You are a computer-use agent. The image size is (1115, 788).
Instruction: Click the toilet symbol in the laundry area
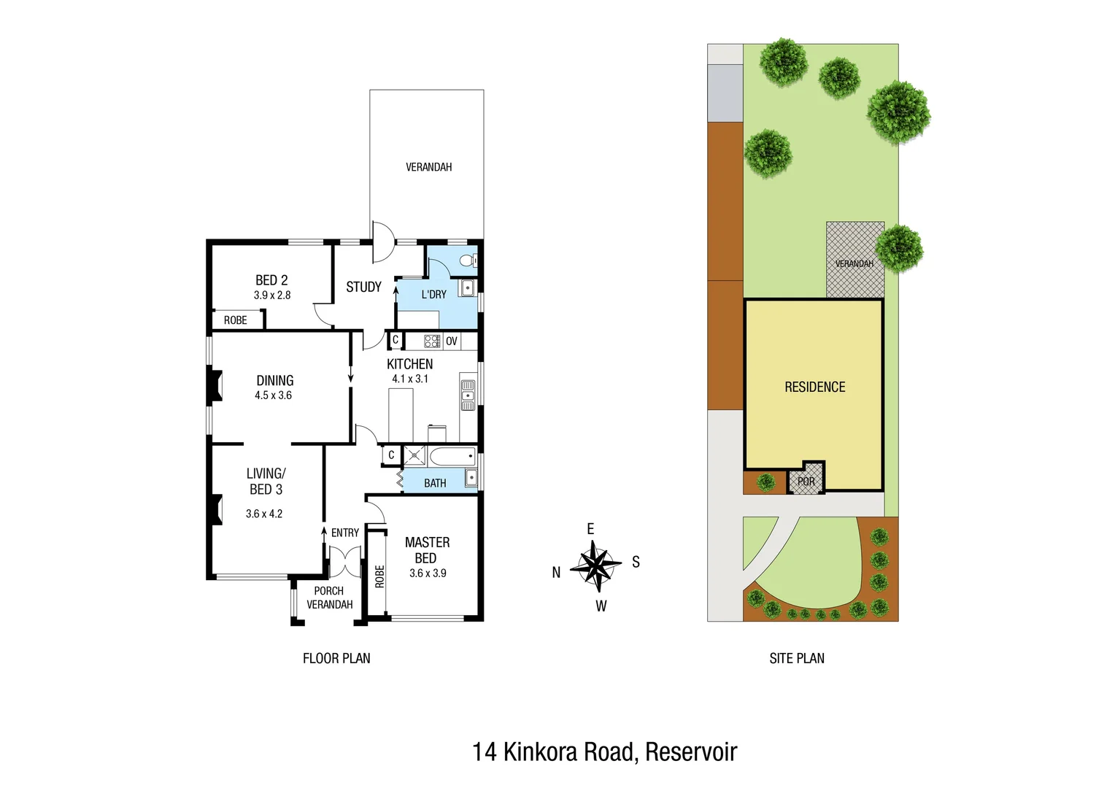468,260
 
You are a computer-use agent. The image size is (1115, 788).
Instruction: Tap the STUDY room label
363,287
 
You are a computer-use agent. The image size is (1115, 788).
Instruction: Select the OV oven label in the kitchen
452,341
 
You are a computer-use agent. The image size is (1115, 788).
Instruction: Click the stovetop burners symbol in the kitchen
432,341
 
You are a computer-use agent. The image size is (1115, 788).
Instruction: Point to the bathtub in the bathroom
452,457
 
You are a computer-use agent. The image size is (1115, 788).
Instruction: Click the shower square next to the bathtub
414,456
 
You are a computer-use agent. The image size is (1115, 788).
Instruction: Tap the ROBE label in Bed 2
235,320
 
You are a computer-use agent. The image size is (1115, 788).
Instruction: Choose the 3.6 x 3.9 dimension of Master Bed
428,573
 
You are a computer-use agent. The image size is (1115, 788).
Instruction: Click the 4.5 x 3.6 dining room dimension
273,395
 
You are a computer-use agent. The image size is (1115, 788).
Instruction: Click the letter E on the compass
590,529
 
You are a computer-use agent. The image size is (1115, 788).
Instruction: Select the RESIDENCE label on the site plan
814,387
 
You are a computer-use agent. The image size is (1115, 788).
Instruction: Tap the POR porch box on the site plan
806,482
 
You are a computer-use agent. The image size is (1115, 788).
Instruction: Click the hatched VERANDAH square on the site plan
854,260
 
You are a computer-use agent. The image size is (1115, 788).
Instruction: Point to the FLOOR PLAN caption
336,658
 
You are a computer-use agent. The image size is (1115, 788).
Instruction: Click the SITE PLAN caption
797,658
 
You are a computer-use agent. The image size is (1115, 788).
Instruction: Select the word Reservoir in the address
691,752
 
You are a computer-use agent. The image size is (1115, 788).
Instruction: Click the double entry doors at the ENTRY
345,562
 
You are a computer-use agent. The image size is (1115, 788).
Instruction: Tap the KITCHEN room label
409,364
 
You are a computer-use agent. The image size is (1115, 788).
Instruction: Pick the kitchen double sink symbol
468,395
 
